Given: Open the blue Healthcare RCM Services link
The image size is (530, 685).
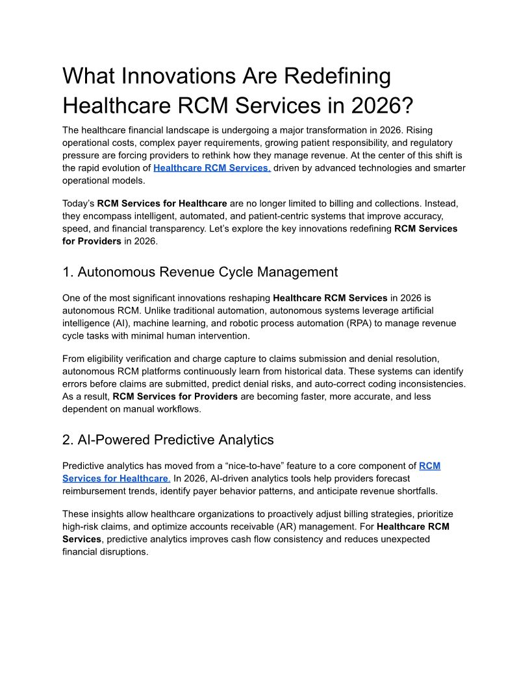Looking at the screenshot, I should tap(212, 168).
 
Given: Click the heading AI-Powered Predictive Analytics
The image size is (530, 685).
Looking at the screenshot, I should tap(168, 440).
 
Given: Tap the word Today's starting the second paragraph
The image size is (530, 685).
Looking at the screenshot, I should tap(78, 203).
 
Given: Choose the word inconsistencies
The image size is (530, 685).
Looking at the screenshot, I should tap(430, 383).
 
